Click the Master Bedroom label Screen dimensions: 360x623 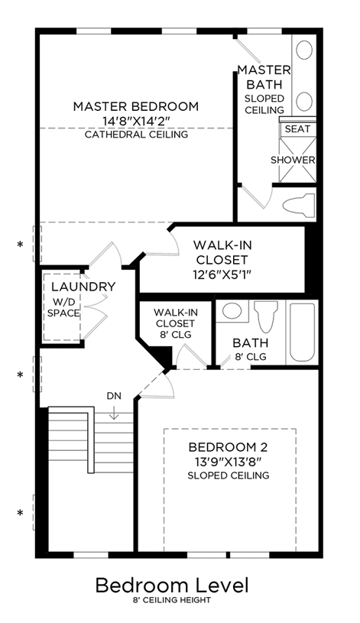136,106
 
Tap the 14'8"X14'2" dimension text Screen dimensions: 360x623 136,121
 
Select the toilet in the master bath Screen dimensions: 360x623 298,205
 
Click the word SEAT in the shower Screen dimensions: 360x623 297,129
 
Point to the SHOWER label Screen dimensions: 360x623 293,160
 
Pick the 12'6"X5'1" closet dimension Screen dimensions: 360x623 222,274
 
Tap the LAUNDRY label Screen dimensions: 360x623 83,287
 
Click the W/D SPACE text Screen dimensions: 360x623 63,307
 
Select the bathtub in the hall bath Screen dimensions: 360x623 302,333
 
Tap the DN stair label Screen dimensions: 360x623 114,396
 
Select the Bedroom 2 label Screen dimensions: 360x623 228,447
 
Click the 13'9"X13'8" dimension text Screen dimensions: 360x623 228,462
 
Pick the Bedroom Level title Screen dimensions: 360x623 172,586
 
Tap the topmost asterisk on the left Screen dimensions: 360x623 20,245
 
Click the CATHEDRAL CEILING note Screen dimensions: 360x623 136,135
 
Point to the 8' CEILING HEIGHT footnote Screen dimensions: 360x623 172,600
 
